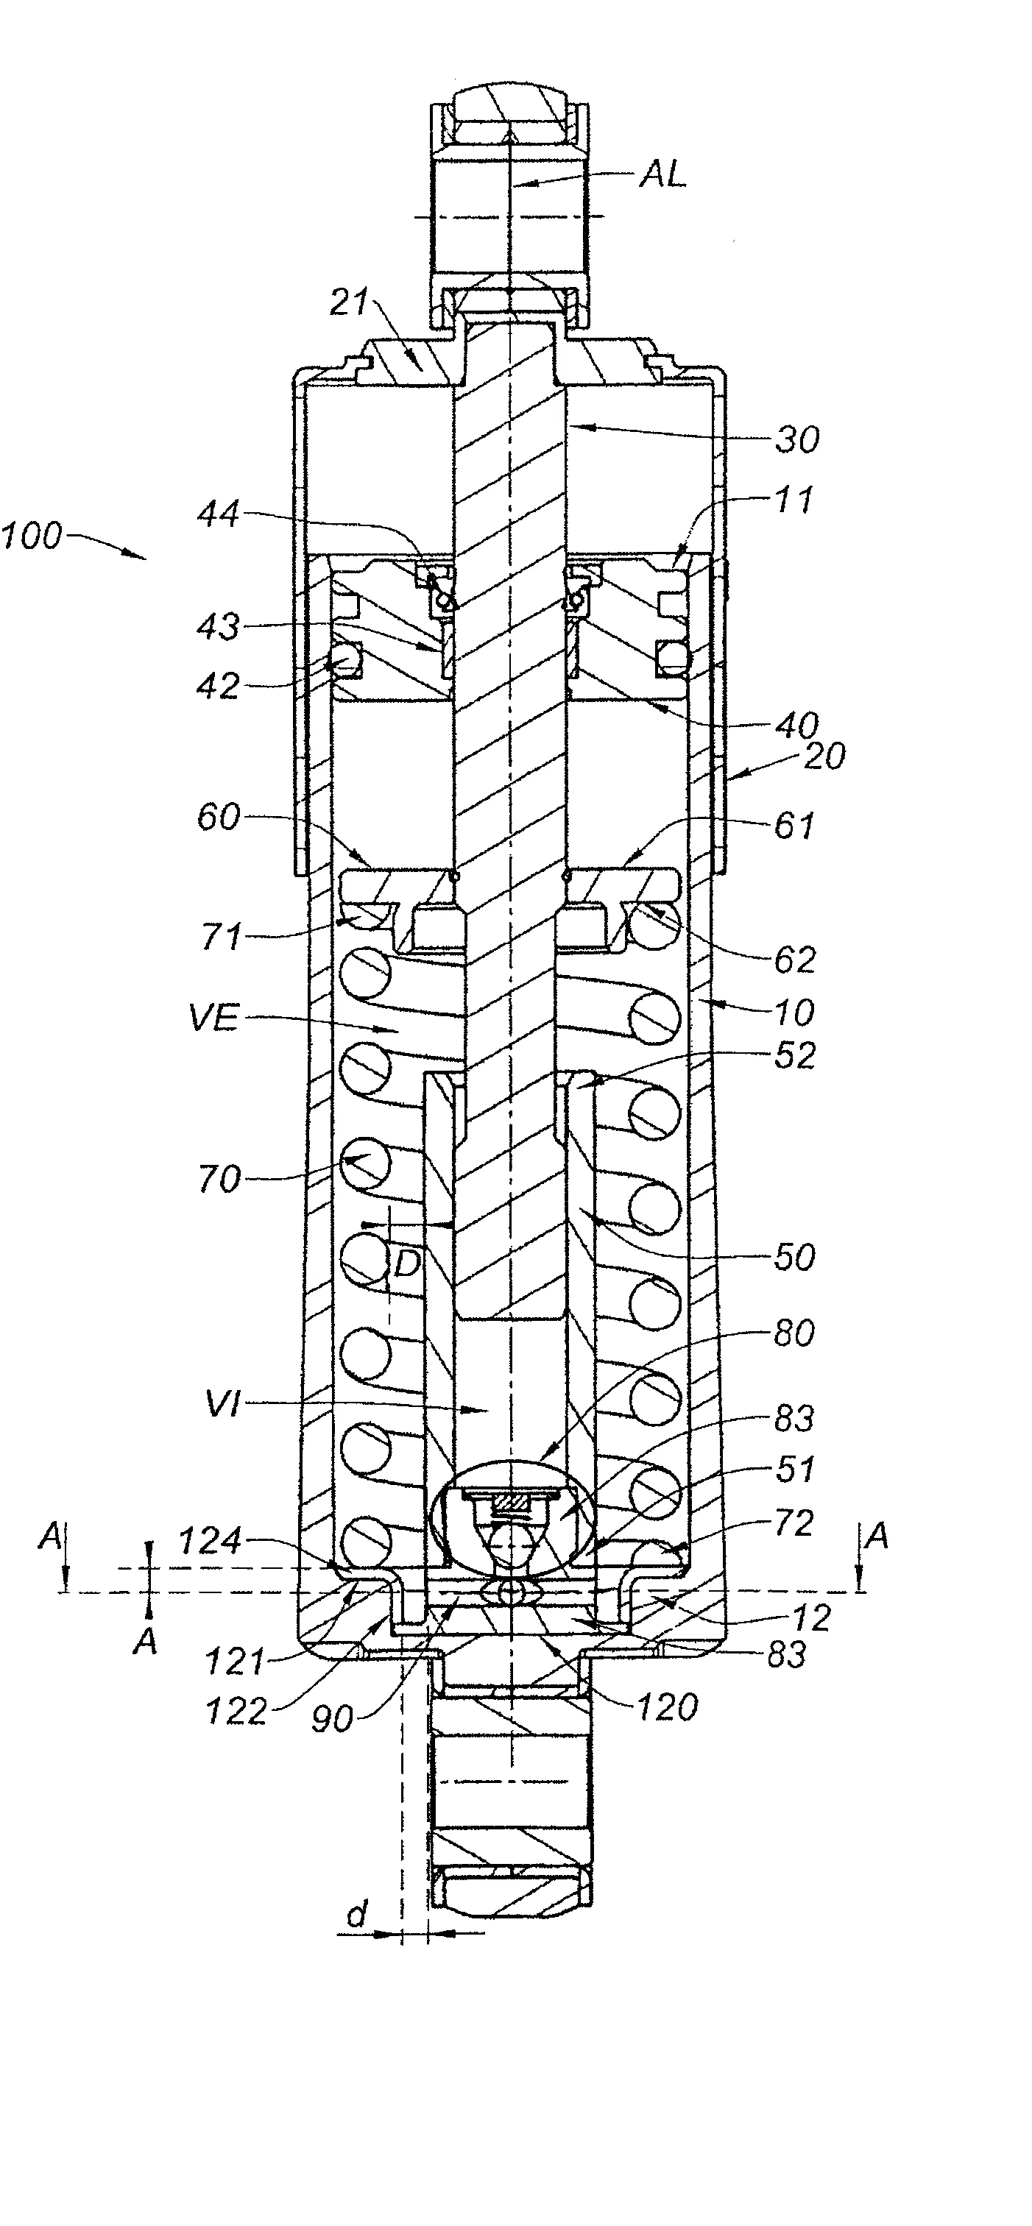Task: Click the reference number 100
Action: (x=32, y=536)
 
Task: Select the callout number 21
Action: (x=349, y=303)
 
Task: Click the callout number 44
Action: (x=218, y=515)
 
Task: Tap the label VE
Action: (x=213, y=1017)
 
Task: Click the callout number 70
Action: (x=219, y=1180)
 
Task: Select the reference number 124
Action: (x=208, y=1542)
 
